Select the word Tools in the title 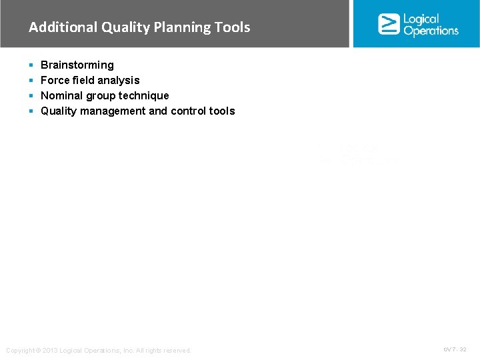232,27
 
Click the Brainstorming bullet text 77,65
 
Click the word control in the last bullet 188,111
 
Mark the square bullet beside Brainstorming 31,65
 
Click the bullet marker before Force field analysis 31,81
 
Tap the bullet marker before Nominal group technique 31,96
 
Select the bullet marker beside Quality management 31,111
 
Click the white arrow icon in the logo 389,24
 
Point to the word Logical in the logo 421,19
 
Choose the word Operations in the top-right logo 431,31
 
